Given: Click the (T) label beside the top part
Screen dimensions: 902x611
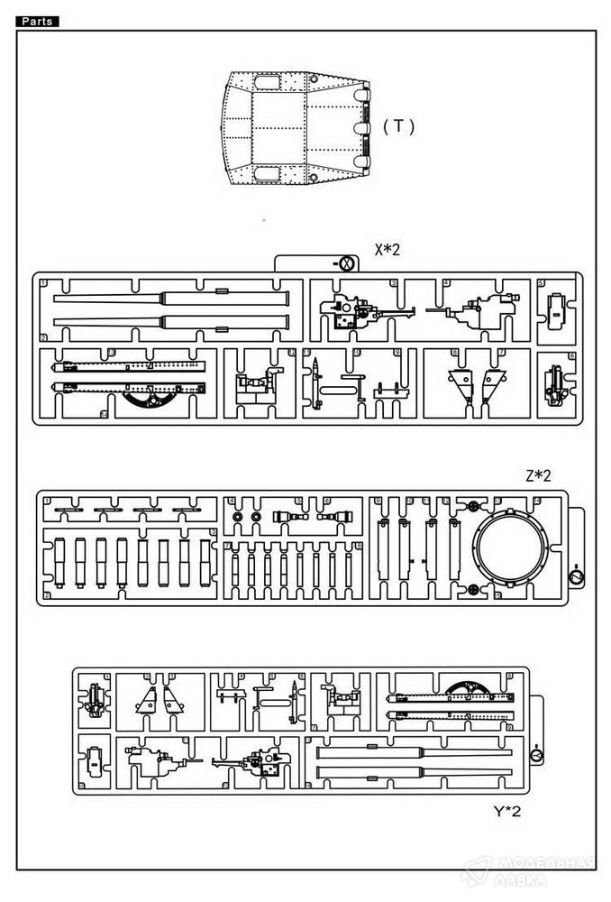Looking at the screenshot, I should (x=398, y=126).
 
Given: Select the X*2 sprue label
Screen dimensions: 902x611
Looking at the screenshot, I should (x=387, y=250).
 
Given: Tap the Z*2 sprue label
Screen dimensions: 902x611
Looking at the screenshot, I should (x=538, y=476).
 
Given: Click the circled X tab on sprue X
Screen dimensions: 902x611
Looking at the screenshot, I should (x=345, y=262).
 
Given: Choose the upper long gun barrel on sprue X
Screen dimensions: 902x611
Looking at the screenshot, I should (x=171, y=298).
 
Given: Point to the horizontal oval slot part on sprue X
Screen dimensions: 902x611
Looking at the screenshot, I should (x=335, y=390).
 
